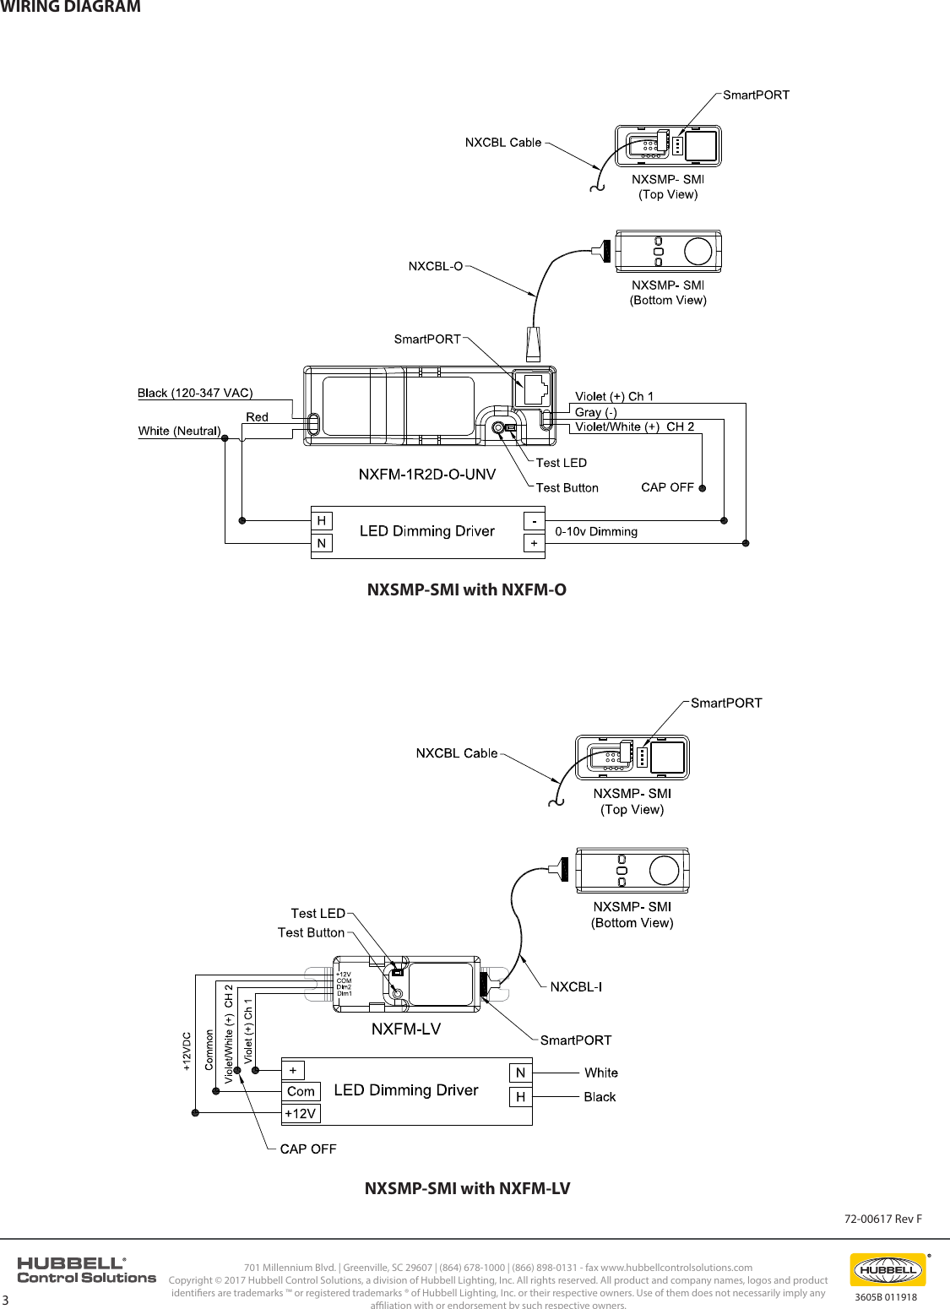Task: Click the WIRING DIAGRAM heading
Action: coord(70,8)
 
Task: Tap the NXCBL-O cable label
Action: coord(436,266)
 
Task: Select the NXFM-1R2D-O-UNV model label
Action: coord(426,474)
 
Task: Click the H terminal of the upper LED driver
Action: coord(322,520)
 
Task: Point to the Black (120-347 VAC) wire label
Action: coord(195,393)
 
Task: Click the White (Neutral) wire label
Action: coord(179,431)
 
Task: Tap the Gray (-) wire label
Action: coord(595,412)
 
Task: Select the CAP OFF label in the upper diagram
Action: coord(667,487)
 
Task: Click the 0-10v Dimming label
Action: coord(596,531)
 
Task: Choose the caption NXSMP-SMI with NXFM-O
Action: coord(466,589)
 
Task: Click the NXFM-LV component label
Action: coord(406,1029)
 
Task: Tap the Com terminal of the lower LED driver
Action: coord(301,1091)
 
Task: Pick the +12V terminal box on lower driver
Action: coord(301,1114)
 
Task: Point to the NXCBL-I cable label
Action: coord(576,986)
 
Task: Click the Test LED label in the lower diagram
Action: coord(318,913)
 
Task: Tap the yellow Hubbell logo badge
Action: coord(887,1269)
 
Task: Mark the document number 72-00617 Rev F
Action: coord(883,1219)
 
